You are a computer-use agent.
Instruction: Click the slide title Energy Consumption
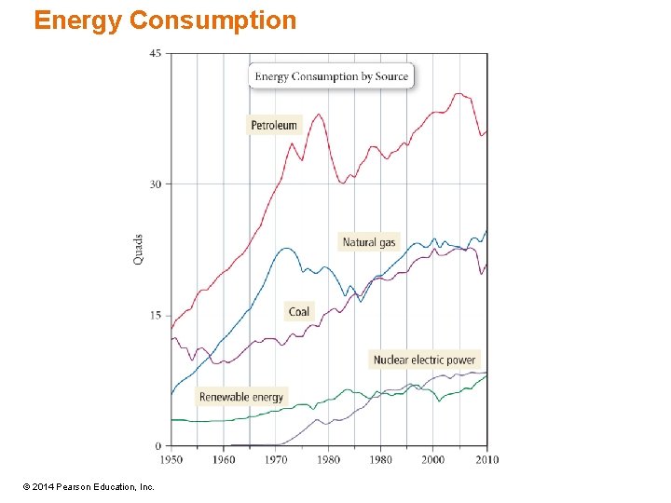click(165, 20)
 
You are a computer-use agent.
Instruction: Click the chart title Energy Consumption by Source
click(332, 76)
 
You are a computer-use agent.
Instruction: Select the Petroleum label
click(274, 125)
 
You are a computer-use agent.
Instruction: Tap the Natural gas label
click(369, 242)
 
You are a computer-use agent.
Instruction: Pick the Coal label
click(299, 311)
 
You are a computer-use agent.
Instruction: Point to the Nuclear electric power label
click(424, 360)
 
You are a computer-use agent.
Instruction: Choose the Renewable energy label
click(241, 397)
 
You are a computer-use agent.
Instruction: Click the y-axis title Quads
click(139, 249)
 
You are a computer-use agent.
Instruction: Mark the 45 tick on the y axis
click(155, 53)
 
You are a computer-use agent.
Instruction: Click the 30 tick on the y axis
click(155, 184)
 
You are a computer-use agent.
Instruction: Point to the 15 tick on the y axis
click(155, 316)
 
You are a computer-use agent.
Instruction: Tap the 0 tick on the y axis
click(158, 446)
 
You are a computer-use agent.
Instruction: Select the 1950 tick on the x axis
click(171, 459)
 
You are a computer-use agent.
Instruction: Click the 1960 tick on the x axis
click(224, 459)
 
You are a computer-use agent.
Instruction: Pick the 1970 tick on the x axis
click(276, 459)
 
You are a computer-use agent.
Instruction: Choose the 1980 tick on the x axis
click(328, 459)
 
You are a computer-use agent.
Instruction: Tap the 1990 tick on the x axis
click(380, 459)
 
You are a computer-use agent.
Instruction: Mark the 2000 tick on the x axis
click(432, 459)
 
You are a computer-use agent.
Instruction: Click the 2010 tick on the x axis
click(486, 459)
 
